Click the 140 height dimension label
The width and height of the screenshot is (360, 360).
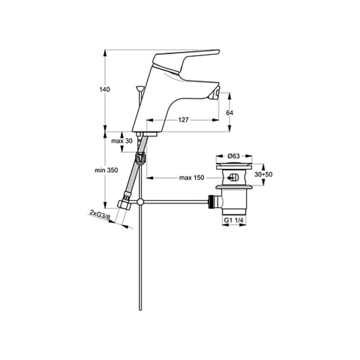click(104, 89)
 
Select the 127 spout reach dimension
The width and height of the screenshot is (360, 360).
click(183, 120)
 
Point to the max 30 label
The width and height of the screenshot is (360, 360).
click(122, 141)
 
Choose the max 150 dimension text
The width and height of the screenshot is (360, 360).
click(192, 178)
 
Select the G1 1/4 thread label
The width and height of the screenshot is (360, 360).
click(234, 221)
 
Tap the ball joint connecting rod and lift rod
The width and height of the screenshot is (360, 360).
click(141, 202)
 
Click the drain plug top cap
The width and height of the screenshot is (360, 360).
click(234, 166)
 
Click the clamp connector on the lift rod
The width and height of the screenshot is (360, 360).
click(141, 158)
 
